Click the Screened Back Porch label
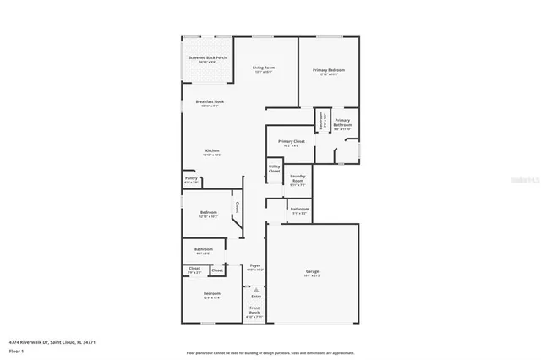(207, 58)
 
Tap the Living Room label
(265, 68)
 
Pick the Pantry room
(191, 179)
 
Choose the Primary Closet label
(291, 141)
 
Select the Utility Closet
(274, 169)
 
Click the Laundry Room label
(298, 178)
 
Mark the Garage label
(313, 271)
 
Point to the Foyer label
(254, 266)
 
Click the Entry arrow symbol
(255, 289)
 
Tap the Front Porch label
(255, 310)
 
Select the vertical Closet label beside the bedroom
(238, 206)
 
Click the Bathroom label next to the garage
(300, 210)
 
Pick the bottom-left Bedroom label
(211, 295)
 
